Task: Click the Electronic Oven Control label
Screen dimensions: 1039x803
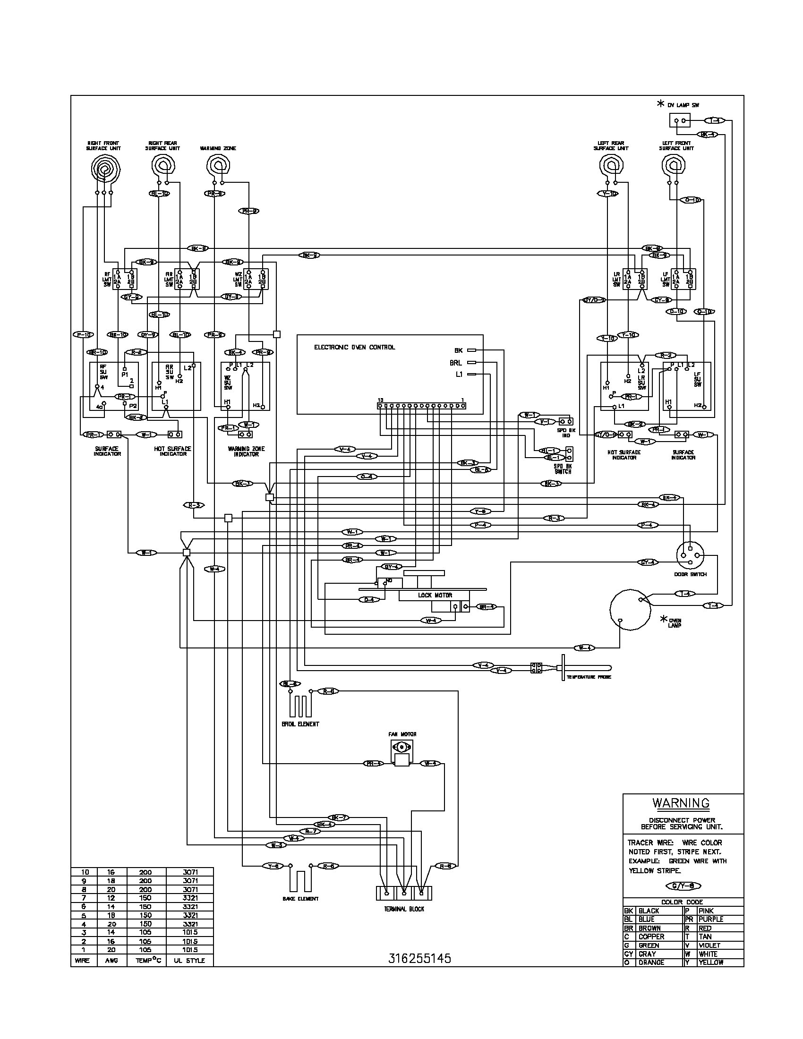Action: [354, 347]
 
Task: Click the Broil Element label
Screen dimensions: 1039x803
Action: [300, 724]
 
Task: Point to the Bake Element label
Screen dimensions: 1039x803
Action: [300, 899]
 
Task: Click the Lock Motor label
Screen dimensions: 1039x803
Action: [435, 595]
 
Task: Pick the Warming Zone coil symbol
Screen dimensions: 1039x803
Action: [218, 166]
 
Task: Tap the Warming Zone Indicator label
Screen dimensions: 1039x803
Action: [246, 451]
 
